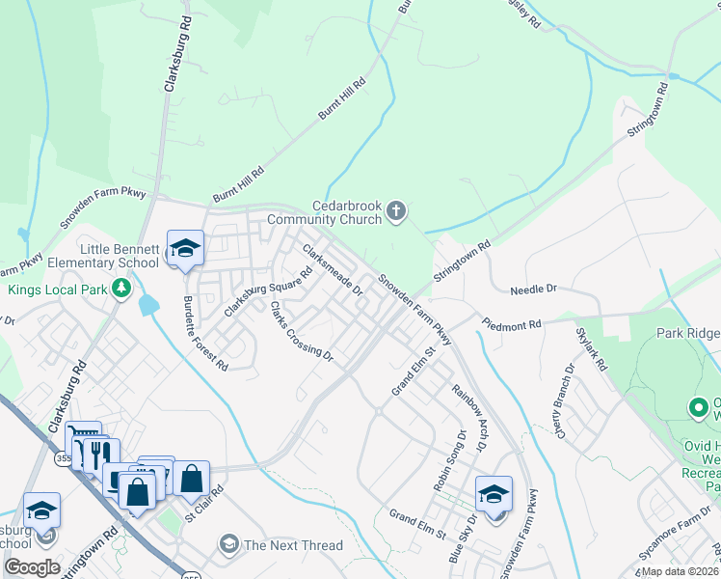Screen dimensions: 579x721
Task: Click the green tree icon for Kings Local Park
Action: coord(121,288)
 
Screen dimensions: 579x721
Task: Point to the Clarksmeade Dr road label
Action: coord(333,269)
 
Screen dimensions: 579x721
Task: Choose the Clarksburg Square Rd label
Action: coord(269,291)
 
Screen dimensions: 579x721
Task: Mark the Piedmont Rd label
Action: coord(512,326)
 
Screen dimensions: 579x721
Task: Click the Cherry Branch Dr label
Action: coord(558,398)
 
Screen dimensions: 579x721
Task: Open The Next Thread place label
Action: coord(292,545)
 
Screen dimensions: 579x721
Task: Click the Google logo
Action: coord(32,566)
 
